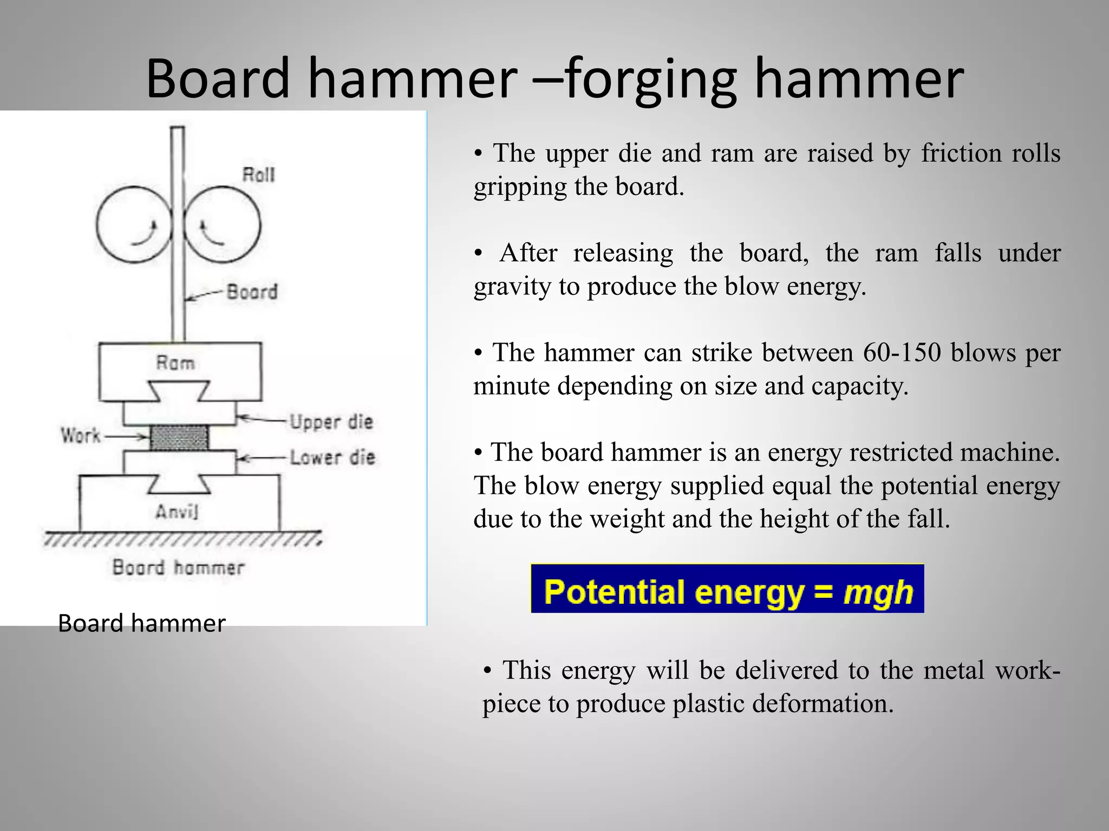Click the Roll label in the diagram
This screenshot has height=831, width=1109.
click(258, 175)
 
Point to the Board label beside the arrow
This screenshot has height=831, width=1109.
click(252, 292)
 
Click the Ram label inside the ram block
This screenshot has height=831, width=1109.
click(175, 362)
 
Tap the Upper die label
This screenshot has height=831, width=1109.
click(331, 422)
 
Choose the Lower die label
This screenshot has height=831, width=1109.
click(332, 458)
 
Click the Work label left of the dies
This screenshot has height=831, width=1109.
click(81, 436)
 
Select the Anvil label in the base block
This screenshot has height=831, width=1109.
click(177, 511)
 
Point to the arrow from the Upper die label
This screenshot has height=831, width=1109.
click(262, 419)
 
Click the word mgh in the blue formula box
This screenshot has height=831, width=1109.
click(878, 592)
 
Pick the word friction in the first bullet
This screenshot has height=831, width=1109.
click(961, 153)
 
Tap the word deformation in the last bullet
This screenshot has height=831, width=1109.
click(823, 704)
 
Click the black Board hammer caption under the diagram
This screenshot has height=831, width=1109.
click(141, 623)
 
